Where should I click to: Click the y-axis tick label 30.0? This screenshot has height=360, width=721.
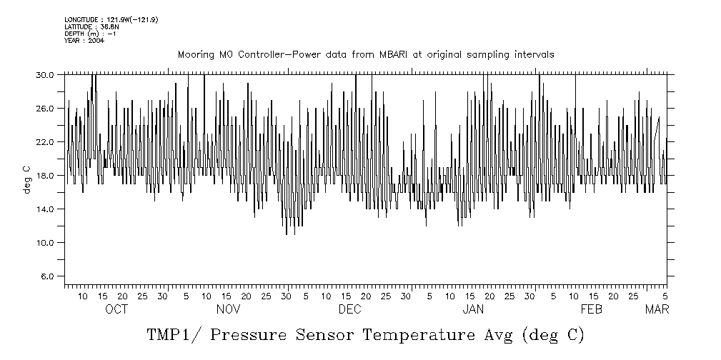(x=44, y=74)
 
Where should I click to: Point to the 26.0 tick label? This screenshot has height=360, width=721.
(x=44, y=108)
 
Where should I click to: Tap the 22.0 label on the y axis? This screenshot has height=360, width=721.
(x=44, y=141)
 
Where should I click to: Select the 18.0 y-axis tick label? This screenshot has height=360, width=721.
(x=44, y=175)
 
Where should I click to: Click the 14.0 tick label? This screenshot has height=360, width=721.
(x=44, y=209)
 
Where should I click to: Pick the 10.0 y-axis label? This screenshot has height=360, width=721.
(x=44, y=242)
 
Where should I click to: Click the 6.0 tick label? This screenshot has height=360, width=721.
(x=46, y=276)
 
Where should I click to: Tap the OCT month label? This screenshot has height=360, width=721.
(x=116, y=309)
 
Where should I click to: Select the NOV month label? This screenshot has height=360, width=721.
(x=228, y=309)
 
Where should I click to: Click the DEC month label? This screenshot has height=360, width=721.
(x=350, y=309)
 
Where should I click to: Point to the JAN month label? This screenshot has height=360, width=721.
(x=473, y=309)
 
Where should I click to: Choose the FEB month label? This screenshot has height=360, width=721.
(x=592, y=309)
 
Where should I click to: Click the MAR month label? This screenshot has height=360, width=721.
(x=657, y=309)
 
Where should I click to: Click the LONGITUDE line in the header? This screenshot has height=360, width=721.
(x=111, y=19)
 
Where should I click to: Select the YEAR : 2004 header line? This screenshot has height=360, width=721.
(x=84, y=41)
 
